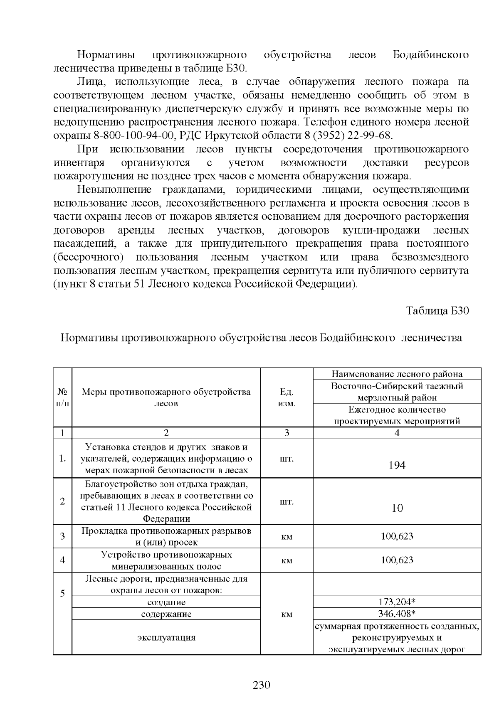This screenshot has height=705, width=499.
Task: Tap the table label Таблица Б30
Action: tap(437, 311)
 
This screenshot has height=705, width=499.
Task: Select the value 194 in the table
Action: tap(397, 465)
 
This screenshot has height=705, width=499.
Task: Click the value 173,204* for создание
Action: tap(397, 602)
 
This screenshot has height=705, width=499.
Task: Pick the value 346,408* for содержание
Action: tap(397, 614)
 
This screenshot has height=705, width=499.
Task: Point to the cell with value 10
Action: tap(397, 508)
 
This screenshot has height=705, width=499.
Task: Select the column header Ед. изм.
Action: tap(287, 398)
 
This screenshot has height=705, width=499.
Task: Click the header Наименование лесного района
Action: tap(397, 374)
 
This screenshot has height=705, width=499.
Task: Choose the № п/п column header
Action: tap(62, 398)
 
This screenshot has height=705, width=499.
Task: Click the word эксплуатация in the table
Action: tap(166, 637)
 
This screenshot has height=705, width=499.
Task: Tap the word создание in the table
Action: tap(166, 602)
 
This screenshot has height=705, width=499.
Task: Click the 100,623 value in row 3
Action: tap(397, 536)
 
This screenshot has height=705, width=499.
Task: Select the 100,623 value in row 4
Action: tap(397, 560)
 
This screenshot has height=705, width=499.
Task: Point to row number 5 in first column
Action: tap(62, 593)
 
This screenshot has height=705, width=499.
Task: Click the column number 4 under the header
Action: tap(397, 433)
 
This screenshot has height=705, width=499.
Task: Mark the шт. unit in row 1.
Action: tap(287, 459)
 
